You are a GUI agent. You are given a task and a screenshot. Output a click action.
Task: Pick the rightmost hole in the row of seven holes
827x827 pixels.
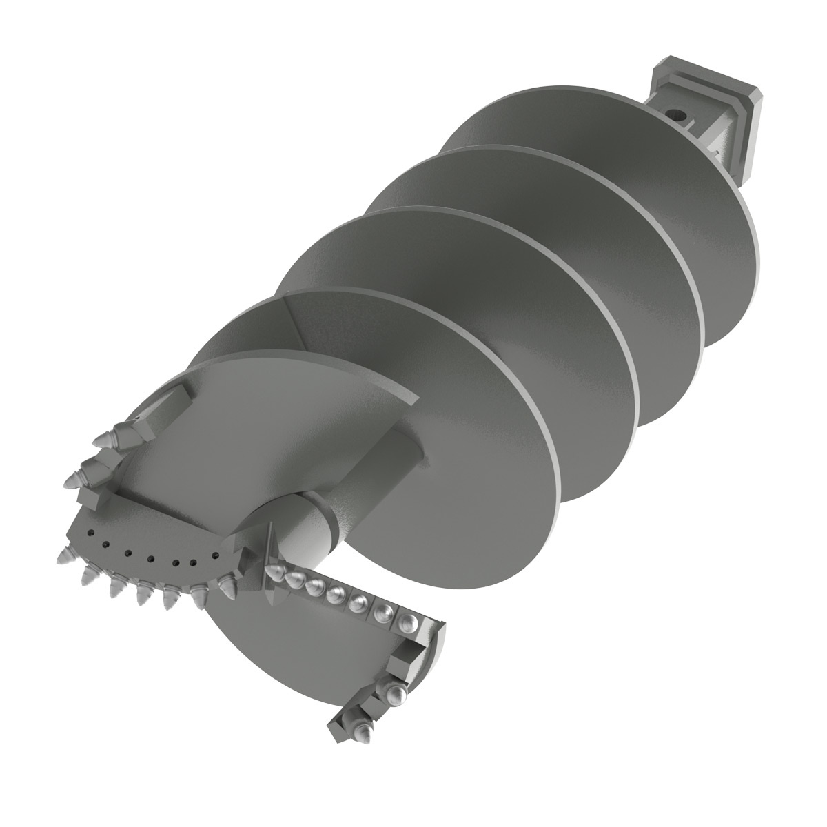(x=216, y=553)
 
